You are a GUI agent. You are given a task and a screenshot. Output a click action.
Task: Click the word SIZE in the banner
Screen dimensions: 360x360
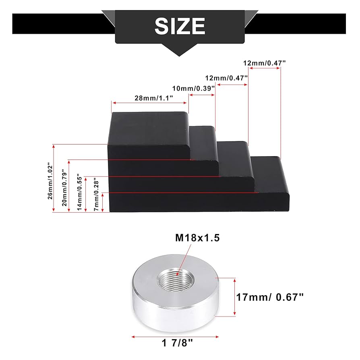(x=180, y=26)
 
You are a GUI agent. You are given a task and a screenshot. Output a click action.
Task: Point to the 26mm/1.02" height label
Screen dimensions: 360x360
(x=50, y=181)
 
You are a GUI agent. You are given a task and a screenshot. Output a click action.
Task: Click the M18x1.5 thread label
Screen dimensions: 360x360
(x=197, y=238)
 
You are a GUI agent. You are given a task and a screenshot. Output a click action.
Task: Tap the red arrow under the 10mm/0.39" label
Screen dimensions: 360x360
(x=203, y=95)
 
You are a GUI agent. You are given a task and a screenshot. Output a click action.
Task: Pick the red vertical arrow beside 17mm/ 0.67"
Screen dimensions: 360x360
(x=234, y=297)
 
